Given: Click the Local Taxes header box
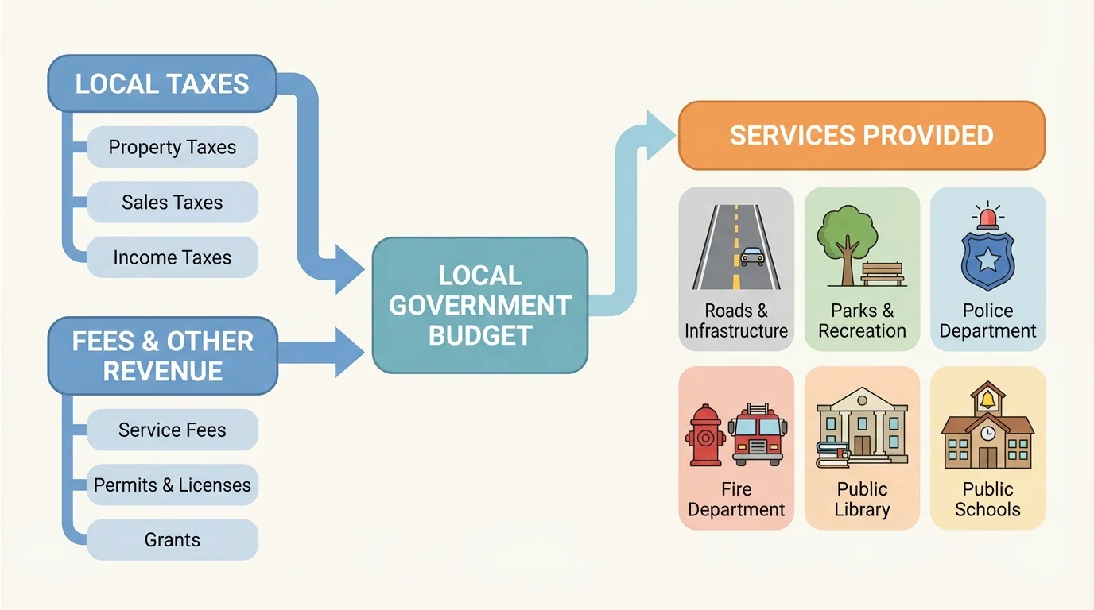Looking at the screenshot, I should [162, 83].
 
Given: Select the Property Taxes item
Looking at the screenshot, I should [173, 147].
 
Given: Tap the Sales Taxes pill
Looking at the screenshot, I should [173, 202].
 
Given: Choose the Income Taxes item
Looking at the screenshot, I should [173, 257].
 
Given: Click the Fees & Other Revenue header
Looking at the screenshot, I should [163, 356].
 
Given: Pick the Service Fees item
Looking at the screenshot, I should [173, 430].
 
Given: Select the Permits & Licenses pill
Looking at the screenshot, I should [173, 485].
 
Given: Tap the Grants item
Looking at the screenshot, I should [173, 540].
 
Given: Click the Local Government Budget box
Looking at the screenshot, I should [480, 306].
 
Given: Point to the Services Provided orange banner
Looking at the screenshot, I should [861, 135].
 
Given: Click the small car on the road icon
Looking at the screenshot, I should [752, 256].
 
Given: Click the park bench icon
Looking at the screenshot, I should [883, 274].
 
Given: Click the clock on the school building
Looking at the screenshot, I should [987, 434].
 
